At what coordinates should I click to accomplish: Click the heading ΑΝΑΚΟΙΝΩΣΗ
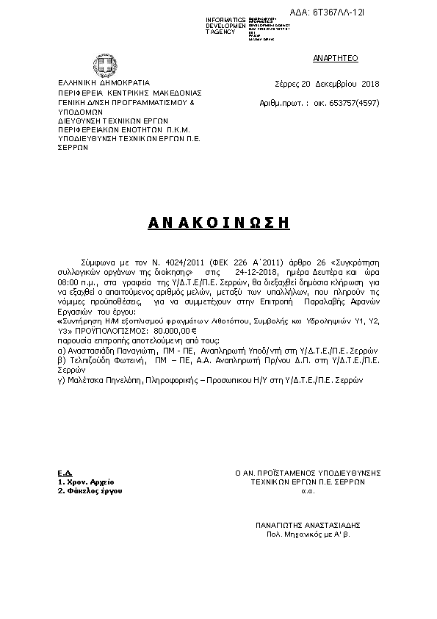(x=218, y=221)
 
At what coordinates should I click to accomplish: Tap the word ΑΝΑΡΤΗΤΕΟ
(x=335, y=57)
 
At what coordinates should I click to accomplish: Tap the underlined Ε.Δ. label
(x=64, y=472)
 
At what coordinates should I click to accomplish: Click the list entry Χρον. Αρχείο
(x=82, y=482)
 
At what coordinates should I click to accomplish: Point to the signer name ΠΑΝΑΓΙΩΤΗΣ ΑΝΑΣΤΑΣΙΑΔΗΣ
(x=308, y=526)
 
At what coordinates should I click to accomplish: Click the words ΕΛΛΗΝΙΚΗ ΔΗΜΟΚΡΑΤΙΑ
(x=103, y=82)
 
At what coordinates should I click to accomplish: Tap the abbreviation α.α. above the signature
(x=308, y=490)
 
